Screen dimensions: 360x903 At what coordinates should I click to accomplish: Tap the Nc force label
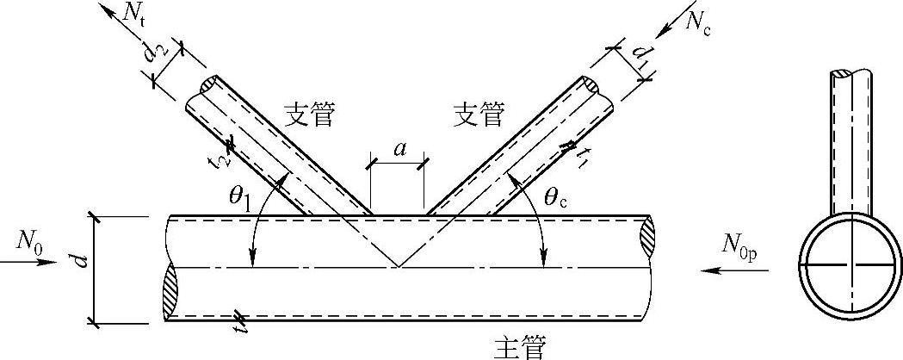[x=702, y=22]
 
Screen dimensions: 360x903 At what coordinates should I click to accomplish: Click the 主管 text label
[x=519, y=345]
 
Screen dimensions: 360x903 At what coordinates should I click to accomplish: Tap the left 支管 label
[x=309, y=115]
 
